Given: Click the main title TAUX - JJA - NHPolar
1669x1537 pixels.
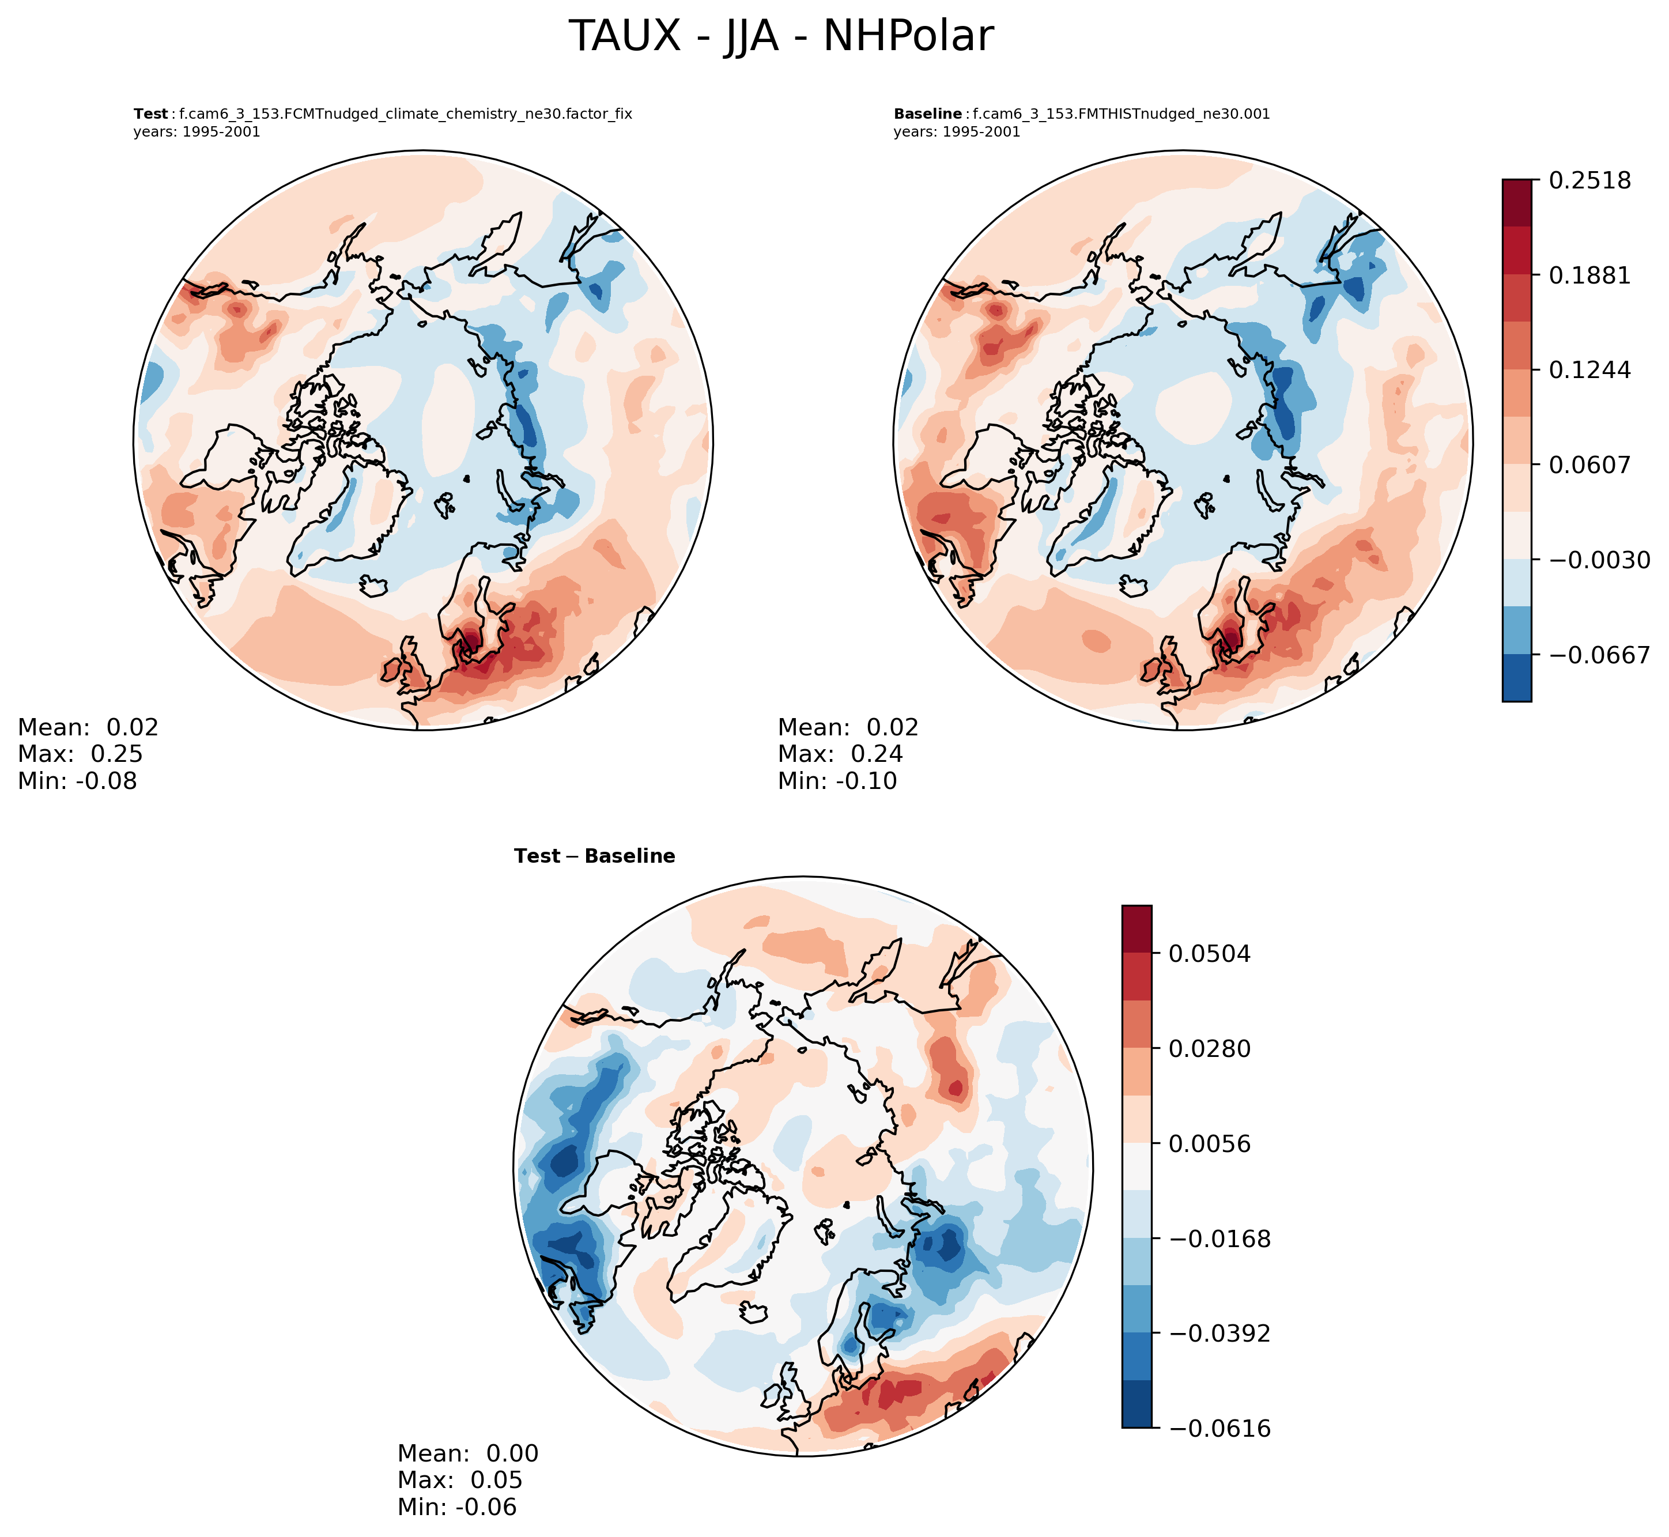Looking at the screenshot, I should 781,37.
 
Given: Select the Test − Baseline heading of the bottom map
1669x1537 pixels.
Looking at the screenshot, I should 595,856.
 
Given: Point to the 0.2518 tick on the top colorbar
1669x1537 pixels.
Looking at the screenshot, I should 1589,180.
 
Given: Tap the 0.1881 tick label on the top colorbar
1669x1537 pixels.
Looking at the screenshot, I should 1589,275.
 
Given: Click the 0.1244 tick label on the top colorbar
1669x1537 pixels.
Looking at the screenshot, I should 1589,370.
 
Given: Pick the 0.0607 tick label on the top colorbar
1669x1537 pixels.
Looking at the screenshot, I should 1589,465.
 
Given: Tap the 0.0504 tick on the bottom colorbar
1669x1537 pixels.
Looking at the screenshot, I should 1209,954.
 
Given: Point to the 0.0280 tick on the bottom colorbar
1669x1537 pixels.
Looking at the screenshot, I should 1209,1049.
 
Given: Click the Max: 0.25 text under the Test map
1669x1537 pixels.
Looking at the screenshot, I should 80,754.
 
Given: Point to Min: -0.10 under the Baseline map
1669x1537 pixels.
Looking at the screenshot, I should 837,781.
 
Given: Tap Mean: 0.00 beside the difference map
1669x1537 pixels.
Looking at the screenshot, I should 467,1454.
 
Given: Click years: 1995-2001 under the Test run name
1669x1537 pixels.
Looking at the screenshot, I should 197,132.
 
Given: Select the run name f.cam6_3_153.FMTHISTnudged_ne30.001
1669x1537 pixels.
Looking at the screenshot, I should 1121,115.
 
